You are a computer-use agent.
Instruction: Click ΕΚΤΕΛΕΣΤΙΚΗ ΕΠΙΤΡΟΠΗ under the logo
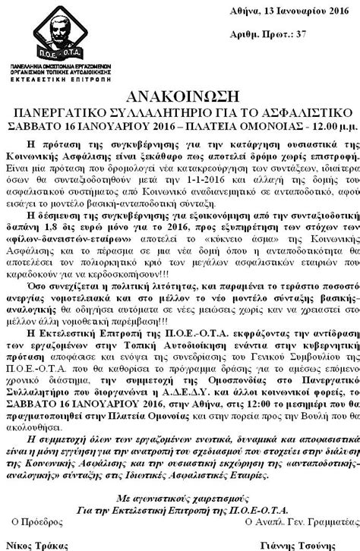(56, 77)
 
